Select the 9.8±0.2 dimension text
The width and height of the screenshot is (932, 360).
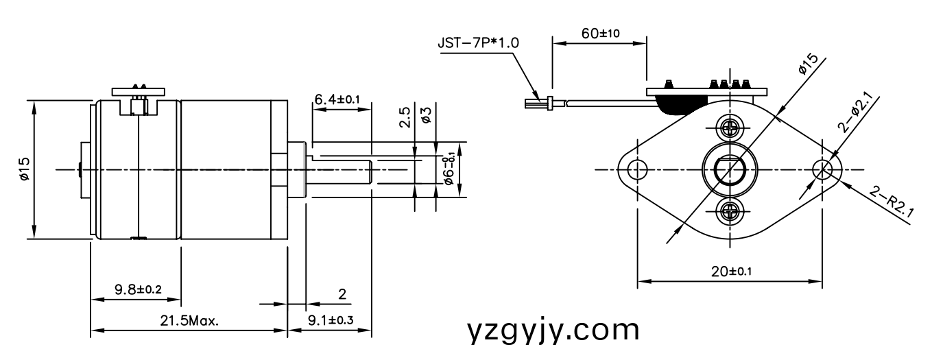137,289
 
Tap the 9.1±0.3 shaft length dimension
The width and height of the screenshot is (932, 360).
330,320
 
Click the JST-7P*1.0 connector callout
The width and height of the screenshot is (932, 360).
478,43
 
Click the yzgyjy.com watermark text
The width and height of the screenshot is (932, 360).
553,331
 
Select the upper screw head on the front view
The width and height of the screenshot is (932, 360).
728,127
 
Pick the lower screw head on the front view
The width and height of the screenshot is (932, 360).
728,211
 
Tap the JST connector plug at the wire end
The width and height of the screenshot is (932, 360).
538,104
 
